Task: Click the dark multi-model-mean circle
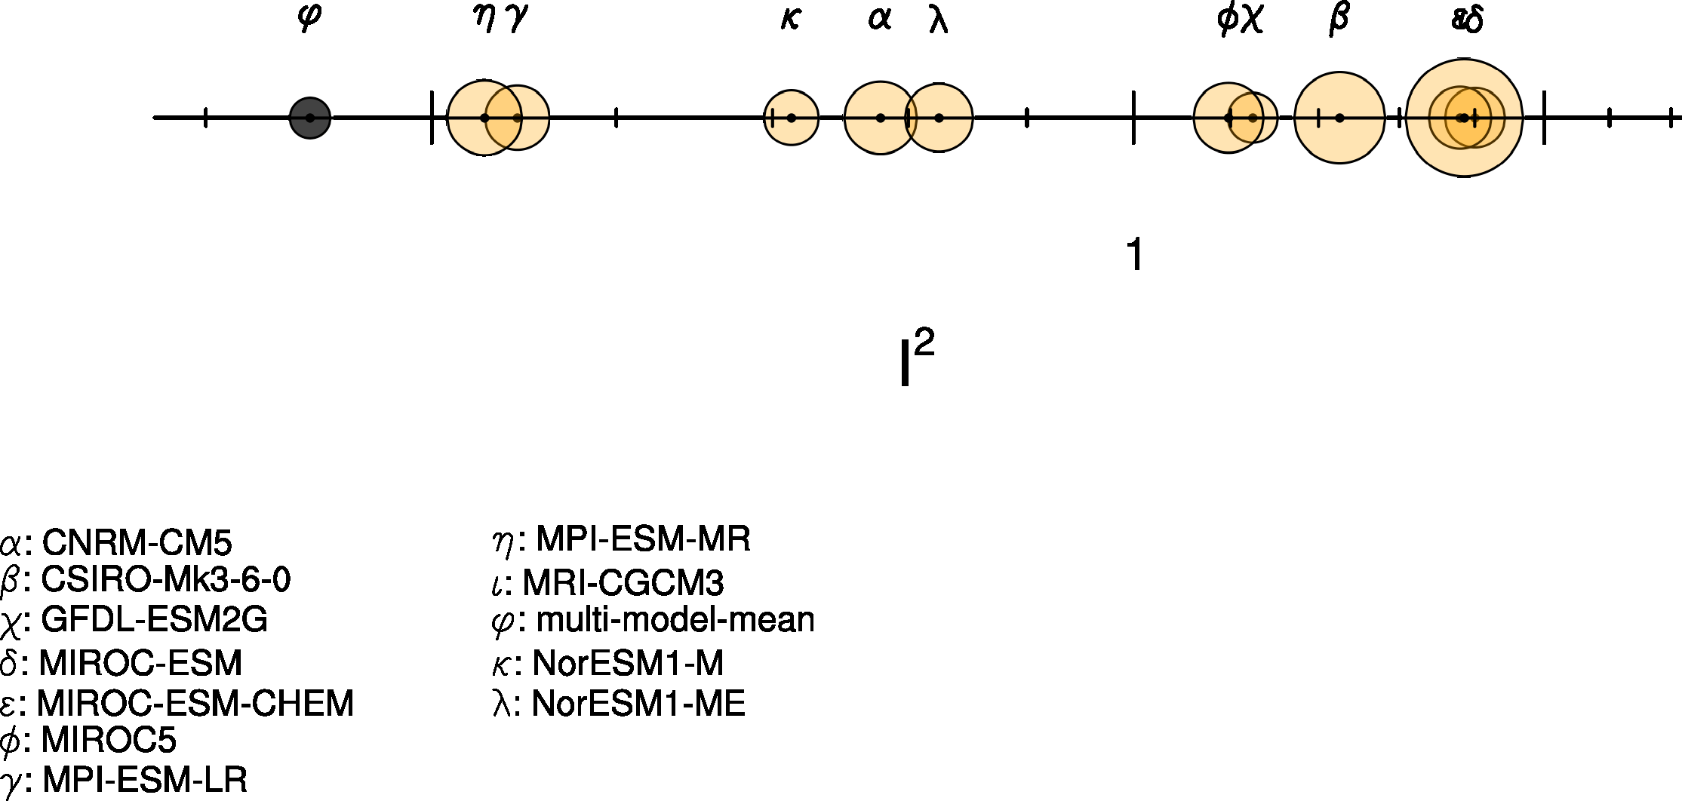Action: click(x=310, y=118)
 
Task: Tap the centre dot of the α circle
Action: click(x=880, y=118)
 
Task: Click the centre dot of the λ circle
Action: click(x=939, y=118)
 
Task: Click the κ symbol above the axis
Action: click(x=790, y=19)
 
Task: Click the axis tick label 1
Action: click(x=1134, y=255)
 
